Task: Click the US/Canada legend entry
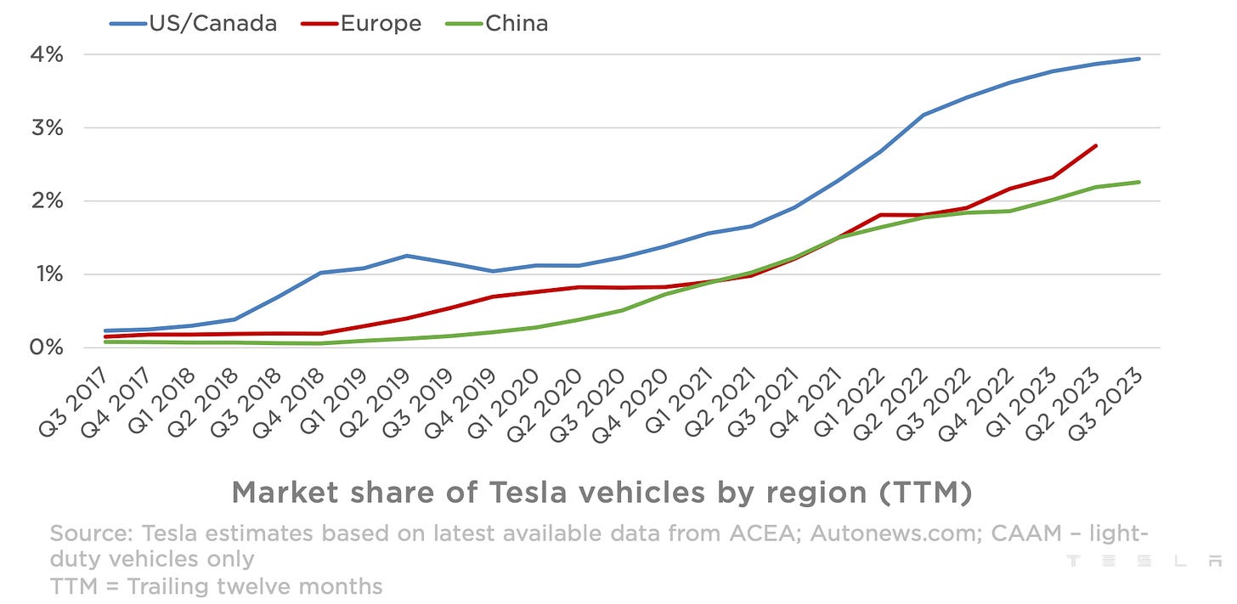194,23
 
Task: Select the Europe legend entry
362,23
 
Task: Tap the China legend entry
497,23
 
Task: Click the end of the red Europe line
1096,145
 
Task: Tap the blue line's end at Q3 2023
1139,59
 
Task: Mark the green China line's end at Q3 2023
1139,182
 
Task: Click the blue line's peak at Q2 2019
408,256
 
